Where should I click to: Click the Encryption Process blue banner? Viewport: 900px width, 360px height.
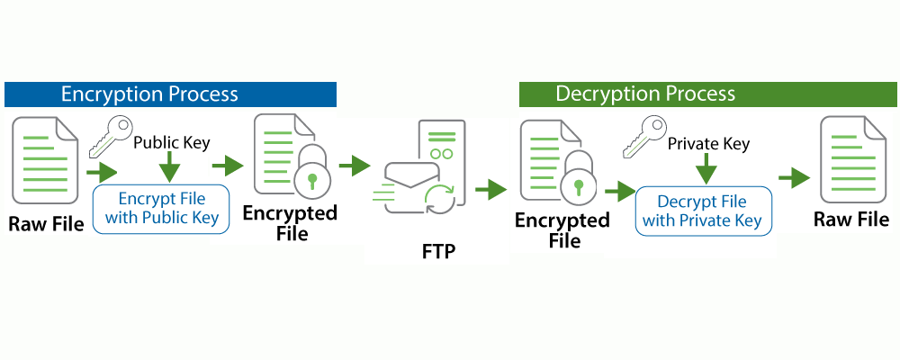(170, 94)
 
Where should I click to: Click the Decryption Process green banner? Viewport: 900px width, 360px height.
(707, 94)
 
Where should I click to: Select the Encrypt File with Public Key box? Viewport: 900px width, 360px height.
(162, 208)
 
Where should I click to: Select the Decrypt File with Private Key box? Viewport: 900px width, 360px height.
(703, 211)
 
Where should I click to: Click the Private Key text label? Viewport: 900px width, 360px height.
(708, 143)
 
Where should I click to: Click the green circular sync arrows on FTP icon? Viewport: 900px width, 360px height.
(441, 197)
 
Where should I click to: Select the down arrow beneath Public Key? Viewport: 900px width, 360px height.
(169, 167)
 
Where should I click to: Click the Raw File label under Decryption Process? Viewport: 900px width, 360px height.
(850, 220)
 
